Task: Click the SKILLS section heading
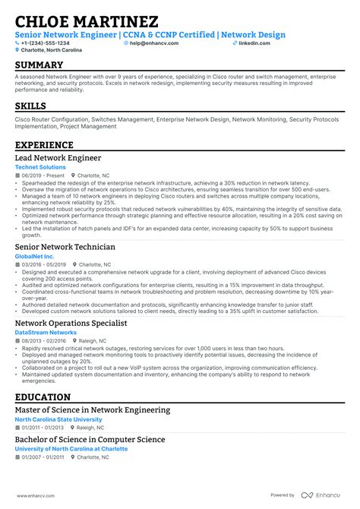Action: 30,106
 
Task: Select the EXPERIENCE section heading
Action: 44,145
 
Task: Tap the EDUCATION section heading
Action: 43,397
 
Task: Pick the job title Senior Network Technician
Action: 65,247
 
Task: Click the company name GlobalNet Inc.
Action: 35,256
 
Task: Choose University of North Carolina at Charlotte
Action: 71,449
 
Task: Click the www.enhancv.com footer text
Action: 32,495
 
